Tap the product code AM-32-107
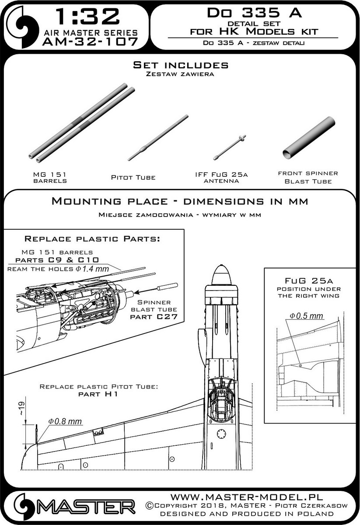[x=87, y=42]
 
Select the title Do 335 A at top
[x=253, y=13]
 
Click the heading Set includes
[x=180, y=65]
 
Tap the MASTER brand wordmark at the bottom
[x=86, y=508]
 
